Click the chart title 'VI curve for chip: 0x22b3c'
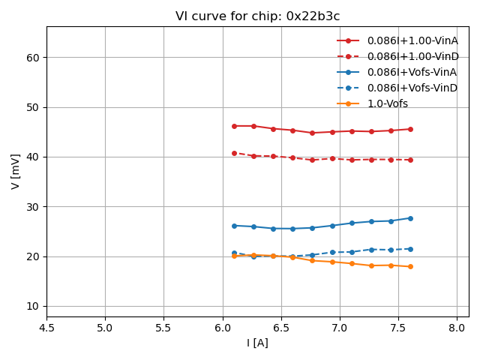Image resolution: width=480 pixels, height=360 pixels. pyautogui.click(x=257, y=16)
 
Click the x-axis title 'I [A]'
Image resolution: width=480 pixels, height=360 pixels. pyautogui.click(x=257, y=343)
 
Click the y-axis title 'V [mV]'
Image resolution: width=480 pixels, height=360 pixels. pyautogui.click(x=16, y=172)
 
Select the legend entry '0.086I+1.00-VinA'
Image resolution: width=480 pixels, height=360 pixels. pyautogui.click(x=412, y=40)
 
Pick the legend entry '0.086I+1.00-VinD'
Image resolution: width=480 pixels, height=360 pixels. pyautogui.click(x=412, y=56)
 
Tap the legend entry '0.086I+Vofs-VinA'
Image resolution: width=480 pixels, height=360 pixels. pyautogui.click(x=412, y=72)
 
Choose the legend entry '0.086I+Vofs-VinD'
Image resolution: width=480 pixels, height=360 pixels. pyautogui.click(x=412, y=88)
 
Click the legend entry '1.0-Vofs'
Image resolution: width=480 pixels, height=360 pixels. pyautogui.click(x=387, y=103)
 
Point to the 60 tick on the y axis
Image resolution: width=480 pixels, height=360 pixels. pyautogui.click(x=34, y=57)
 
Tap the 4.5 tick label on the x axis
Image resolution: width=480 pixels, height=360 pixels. pyautogui.click(x=46, y=328)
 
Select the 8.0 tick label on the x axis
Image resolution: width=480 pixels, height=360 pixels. pyautogui.click(x=457, y=328)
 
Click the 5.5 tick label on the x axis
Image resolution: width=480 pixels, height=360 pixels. pyautogui.click(x=163, y=328)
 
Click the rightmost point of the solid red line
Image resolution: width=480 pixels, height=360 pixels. pyautogui.click(x=410, y=129)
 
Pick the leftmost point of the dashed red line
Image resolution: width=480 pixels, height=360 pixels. pyautogui.click(x=234, y=153)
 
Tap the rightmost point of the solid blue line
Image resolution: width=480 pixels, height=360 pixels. pyautogui.click(x=410, y=218)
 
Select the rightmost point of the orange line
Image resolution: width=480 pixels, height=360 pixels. pyautogui.click(x=410, y=266)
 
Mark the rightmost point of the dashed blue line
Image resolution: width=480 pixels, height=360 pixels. pyautogui.click(x=410, y=249)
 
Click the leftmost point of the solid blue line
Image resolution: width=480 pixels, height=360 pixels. pyautogui.click(x=234, y=226)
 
